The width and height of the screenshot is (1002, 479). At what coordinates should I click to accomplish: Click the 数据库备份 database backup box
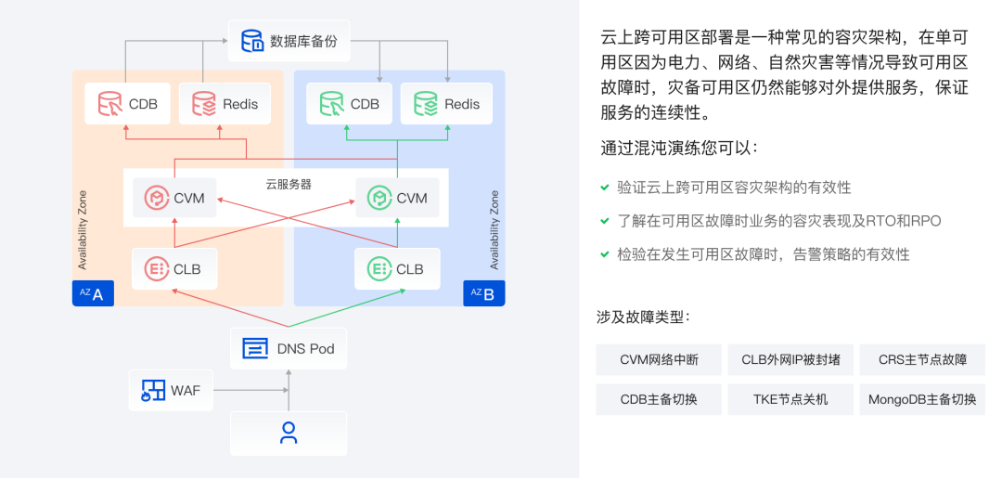(x=289, y=41)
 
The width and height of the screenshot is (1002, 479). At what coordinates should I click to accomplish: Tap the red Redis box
(x=225, y=104)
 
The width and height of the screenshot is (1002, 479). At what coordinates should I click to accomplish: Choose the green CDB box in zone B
(x=349, y=104)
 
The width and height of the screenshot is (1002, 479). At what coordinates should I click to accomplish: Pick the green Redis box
(x=446, y=104)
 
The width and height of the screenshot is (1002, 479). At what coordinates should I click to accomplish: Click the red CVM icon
(x=155, y=198)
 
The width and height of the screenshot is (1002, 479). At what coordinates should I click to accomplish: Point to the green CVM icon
(x=378, y=198)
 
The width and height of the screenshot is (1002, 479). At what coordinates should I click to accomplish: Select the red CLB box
(x=174, y=269)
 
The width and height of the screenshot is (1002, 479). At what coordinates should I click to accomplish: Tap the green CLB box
(x=397, y=269)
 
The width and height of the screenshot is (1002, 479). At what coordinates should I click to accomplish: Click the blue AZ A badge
(x=93, y=294)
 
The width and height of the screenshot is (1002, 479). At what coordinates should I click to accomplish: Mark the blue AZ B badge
(x=484, y=294)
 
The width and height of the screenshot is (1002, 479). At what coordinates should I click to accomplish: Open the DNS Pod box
(x=289, y=349)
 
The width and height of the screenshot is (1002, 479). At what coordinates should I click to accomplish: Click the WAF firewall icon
(x=151, y=391)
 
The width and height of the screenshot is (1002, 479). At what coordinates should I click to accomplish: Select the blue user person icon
(x=289, y=433)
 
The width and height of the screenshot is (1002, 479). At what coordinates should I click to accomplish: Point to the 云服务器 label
(x=289, y=184)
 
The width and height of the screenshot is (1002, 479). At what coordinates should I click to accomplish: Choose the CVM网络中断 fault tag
(x=659, y=359)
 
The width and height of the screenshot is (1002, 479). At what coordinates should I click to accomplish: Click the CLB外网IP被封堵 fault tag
(x=790, y=359)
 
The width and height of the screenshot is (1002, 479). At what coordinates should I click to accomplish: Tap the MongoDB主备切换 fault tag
(x=922, y=400)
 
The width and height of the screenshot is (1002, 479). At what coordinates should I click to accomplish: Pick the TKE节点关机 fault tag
(x=790, y=400)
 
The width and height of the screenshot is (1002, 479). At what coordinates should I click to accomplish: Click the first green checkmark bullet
(x=604, y=188)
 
